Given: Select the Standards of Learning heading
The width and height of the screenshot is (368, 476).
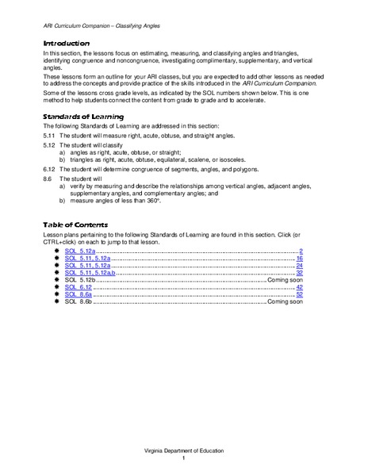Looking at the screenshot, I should click(82, 117).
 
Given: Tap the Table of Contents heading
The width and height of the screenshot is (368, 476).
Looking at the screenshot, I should click(75, 225).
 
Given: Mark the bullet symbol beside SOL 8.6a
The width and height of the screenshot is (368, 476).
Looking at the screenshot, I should click(57, 296).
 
